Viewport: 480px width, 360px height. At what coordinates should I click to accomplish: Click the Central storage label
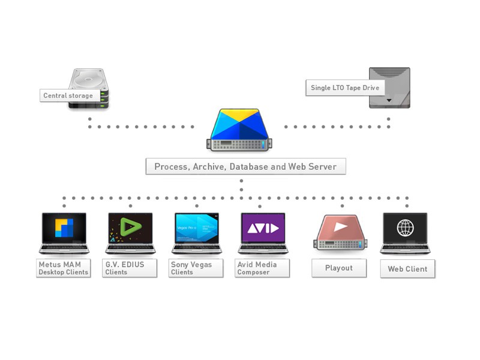point(68,95)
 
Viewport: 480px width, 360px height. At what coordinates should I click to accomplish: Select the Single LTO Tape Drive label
point(344,88)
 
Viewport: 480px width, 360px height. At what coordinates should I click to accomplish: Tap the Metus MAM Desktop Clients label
point(63,268)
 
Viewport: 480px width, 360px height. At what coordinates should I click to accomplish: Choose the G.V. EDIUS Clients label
point(130,268)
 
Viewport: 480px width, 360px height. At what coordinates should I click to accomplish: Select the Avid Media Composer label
point(262,268)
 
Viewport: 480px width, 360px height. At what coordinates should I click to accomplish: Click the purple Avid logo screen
point(263,228)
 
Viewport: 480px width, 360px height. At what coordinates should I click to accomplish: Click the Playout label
point(338,268)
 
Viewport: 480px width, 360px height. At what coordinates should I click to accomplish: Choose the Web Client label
point(407,269)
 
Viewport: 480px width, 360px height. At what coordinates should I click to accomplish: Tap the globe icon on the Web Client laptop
point(406,228)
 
